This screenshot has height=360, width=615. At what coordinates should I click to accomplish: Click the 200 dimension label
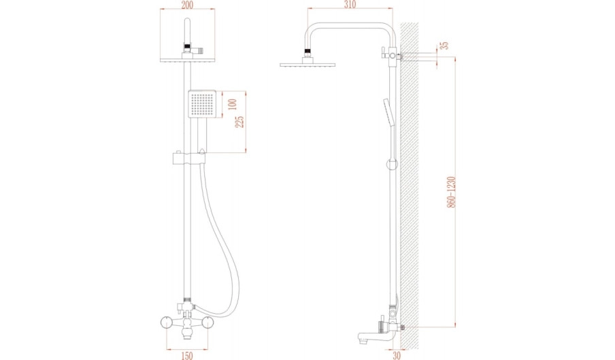[x=187, y=5]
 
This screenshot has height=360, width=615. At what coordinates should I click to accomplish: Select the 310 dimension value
[x=350, y=4]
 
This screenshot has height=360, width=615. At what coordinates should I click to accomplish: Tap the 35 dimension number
[x=444, y=46]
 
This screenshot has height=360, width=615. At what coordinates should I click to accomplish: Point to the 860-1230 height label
[x=452, y=192]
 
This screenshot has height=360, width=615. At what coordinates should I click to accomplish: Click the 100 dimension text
[x=233, y=104]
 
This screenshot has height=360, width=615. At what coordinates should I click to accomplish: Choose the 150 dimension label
[x=187, y=355]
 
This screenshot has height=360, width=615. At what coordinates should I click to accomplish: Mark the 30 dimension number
[x=397, y=355]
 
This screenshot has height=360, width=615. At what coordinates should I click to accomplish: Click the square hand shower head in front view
[x=202, y=104]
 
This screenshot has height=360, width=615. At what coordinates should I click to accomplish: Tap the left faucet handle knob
[x=167, y=323]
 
